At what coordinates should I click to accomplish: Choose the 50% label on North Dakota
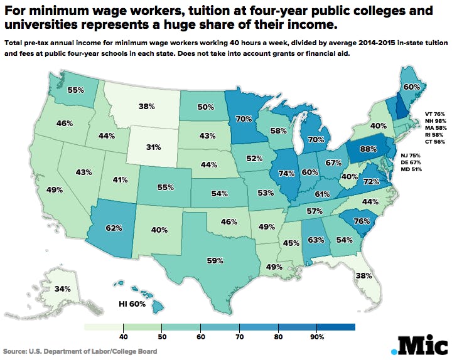[x=205, y=107]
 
